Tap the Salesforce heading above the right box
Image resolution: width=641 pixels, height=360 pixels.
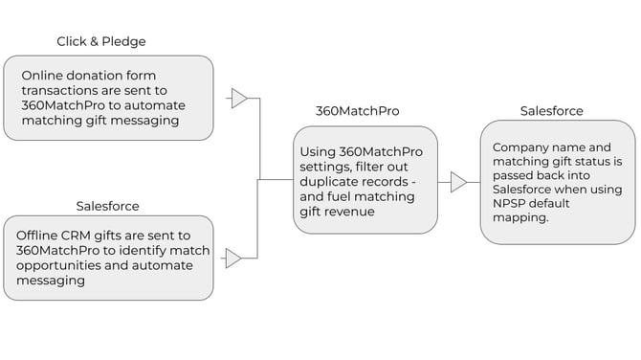[551, 111]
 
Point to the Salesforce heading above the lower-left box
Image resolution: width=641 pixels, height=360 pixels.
[107, 206]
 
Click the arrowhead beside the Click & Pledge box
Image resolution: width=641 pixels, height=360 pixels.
[239, 99]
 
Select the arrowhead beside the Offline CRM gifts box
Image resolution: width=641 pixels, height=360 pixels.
[233, 258]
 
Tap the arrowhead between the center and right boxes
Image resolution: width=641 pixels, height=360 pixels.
[459, 182]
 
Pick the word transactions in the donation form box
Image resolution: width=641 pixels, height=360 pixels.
[56, 90]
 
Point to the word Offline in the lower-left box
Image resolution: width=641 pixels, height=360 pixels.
[38, 236]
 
